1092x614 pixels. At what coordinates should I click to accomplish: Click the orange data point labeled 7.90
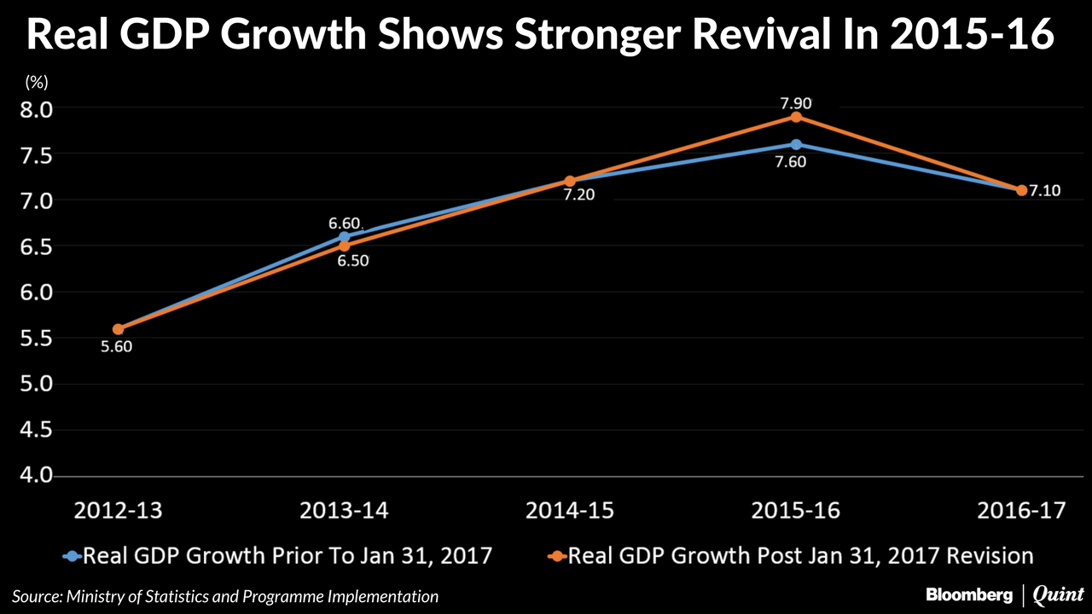pyautogui.click(x=796, y=117)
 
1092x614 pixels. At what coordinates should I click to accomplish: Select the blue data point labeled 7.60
pyautogui.click(x=796, y=144)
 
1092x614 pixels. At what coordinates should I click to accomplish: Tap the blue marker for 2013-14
pyautogui.click(x=345, y=237)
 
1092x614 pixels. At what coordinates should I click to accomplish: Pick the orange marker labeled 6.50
pyautogui.click(x=345, y=246)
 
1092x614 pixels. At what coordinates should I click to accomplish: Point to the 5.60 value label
pyautogui.click(x=118, y=346)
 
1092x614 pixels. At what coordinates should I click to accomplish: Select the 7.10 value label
pyautogui.click(x=1044, y=190)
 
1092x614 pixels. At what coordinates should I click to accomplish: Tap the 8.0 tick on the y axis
pyautogui.click(x=34, y=109)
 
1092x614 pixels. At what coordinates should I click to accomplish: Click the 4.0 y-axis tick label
pyautogui.click(x=34, y=475)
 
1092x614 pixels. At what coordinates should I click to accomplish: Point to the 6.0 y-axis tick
pyautogui.click(x=34, y=293)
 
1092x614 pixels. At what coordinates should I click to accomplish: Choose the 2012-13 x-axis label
pyautogui.click(x=118, y=511)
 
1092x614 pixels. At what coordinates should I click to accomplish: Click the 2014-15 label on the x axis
pyautogui.click(x=570, y=511)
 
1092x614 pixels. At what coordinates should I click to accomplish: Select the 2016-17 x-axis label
pyautogui.click(x=1022, y=511)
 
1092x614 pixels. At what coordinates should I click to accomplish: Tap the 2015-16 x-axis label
pyautogui.click(x=796, y=511)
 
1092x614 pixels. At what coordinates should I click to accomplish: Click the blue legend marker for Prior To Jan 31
pyautogui.click(x=73, y=556)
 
